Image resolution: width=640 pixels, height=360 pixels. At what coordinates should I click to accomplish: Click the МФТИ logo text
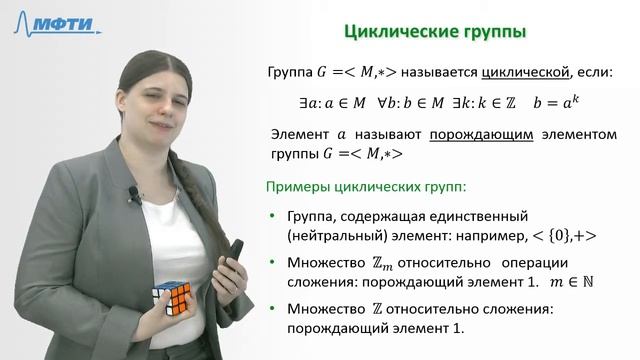click(x=67, y=25)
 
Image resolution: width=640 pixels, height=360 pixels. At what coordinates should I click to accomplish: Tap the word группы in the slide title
click(x=489, y=33)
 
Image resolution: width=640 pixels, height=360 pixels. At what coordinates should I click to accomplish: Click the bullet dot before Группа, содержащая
click(x=274, y=217)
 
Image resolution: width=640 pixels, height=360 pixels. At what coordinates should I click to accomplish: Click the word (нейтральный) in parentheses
click(x=334, y=237)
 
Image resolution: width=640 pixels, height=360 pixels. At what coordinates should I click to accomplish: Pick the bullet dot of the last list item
click(x=274, y=311)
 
